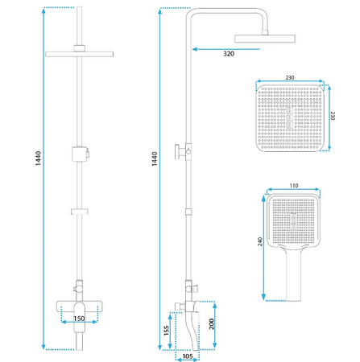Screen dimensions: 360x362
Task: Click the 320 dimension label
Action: (x=229, y=54)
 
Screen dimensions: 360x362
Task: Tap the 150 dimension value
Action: (x=79, y=319)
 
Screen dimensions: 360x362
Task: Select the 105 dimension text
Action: (x=188, y=356)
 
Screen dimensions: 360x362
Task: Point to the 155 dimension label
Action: (x=166, y=331)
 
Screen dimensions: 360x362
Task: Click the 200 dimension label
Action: (x=212, y=324)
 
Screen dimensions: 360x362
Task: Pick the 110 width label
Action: (x=294, y=186)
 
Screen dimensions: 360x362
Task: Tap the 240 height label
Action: (x=260, y=241)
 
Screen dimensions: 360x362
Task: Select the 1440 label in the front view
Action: (x=38, y=158)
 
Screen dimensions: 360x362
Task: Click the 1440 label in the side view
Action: (x=155, y=158)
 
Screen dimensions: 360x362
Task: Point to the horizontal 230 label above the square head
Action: (x=290, y=77)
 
